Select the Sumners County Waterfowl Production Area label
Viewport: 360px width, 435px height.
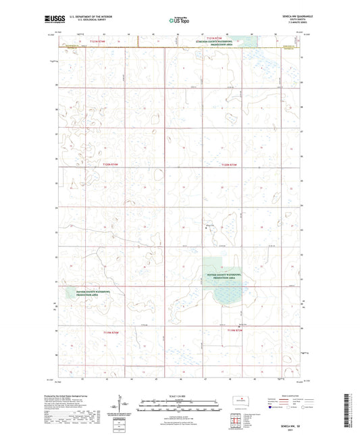coord(213,44)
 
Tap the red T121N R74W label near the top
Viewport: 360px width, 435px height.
coord(99,42)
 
